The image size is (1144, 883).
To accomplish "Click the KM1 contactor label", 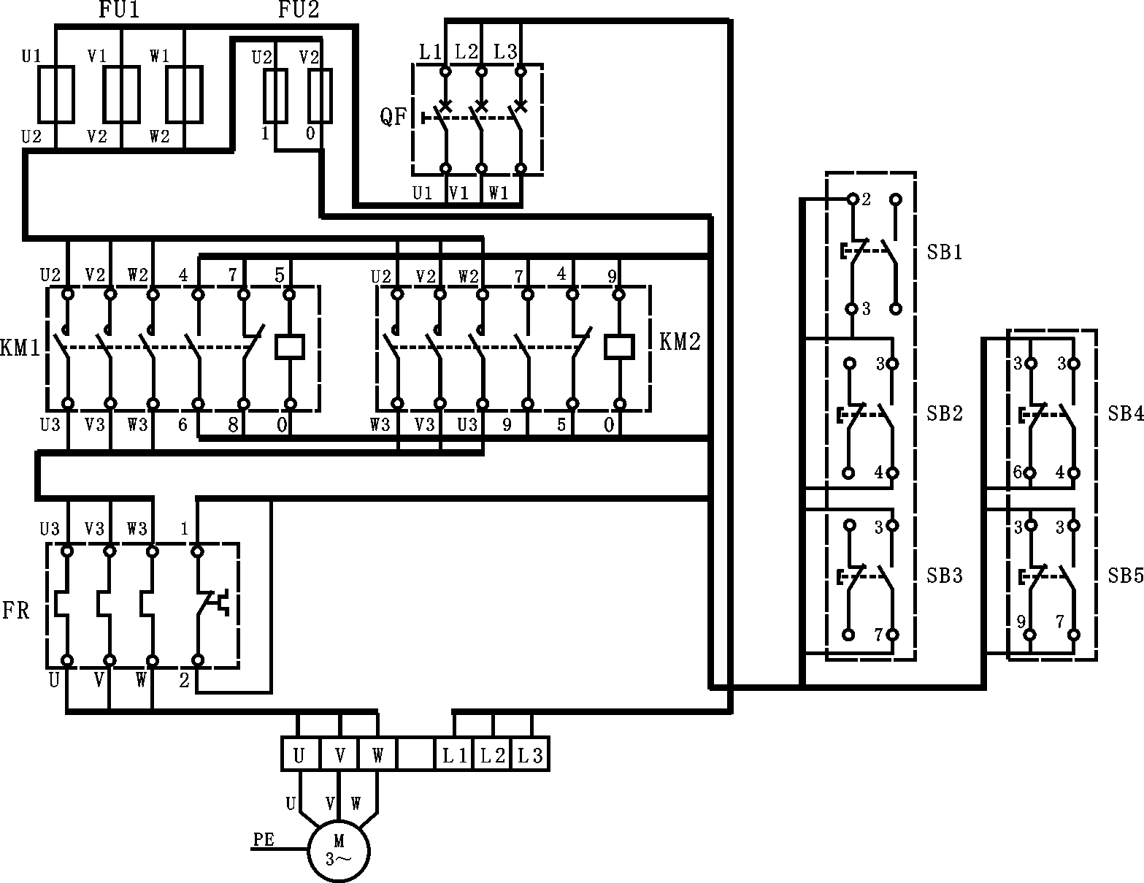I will tap(20, 347).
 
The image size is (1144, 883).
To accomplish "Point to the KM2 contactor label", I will tap(680, 341).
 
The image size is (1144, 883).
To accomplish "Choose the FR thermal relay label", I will tap(16, 610).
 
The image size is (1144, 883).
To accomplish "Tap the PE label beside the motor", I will tap(264, 840).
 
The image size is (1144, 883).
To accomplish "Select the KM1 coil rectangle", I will tap(289, 347).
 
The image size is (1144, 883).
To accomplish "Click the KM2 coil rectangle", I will tap(619, 347).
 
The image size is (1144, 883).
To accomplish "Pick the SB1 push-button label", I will tap(945, 253).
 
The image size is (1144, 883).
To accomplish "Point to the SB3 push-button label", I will tap(945, 576).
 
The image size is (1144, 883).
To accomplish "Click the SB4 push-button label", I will tap(1125, 413).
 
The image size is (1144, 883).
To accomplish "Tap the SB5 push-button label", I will tap(1125, 576).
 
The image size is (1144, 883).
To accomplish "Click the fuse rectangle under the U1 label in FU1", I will tap(56, 94).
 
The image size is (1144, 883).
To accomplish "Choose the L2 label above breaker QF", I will tap(467, 52).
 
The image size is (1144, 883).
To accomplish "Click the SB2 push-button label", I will tap(945, 413).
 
